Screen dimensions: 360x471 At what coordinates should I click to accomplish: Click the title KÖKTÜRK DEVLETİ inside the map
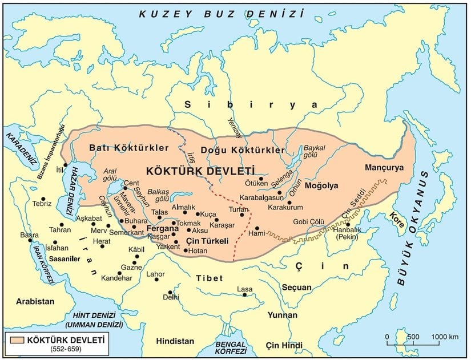click(200, 171)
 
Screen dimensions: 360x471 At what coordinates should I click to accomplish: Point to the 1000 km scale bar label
click(444, 336)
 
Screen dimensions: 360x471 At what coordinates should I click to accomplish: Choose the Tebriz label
click(42, 204)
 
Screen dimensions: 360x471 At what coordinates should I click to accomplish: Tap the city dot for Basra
click(31, 240)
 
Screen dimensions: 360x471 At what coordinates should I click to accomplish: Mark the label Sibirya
click(251, 105)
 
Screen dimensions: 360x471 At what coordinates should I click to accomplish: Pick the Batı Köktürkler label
click(129, 148)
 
